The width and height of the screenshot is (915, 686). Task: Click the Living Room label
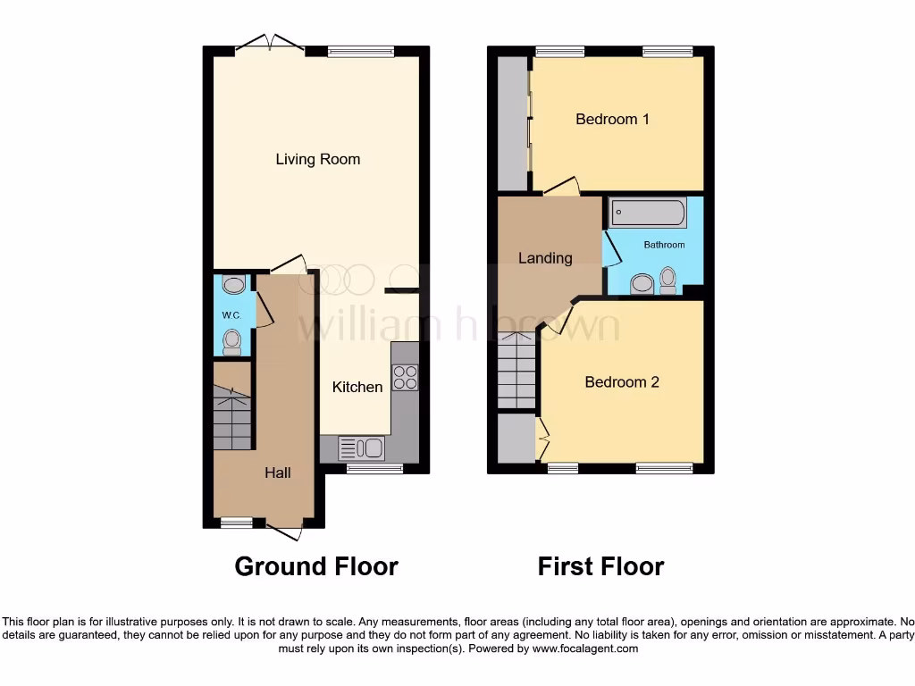(317, 160)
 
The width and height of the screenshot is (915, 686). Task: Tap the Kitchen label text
(357, 387)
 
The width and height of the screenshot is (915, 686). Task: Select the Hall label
(277, 473)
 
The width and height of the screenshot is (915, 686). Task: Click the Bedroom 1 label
(612, 119)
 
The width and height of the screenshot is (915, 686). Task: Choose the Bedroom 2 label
(622, 382)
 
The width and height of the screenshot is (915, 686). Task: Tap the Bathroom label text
(665, 245)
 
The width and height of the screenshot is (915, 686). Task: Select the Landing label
(545, 258)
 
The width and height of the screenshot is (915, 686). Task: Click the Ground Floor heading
(316, 566)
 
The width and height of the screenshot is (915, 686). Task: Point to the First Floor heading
(600, 566)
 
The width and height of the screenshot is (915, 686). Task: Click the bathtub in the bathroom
(648, 213)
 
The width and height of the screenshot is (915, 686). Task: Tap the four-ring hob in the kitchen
(405, 378)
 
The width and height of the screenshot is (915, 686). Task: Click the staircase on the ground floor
(232, 417)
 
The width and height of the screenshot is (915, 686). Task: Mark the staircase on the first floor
(516, 370)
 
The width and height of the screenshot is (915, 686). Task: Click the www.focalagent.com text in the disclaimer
(584, 648)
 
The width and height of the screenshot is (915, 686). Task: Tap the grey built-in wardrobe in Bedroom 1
(512, 123)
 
